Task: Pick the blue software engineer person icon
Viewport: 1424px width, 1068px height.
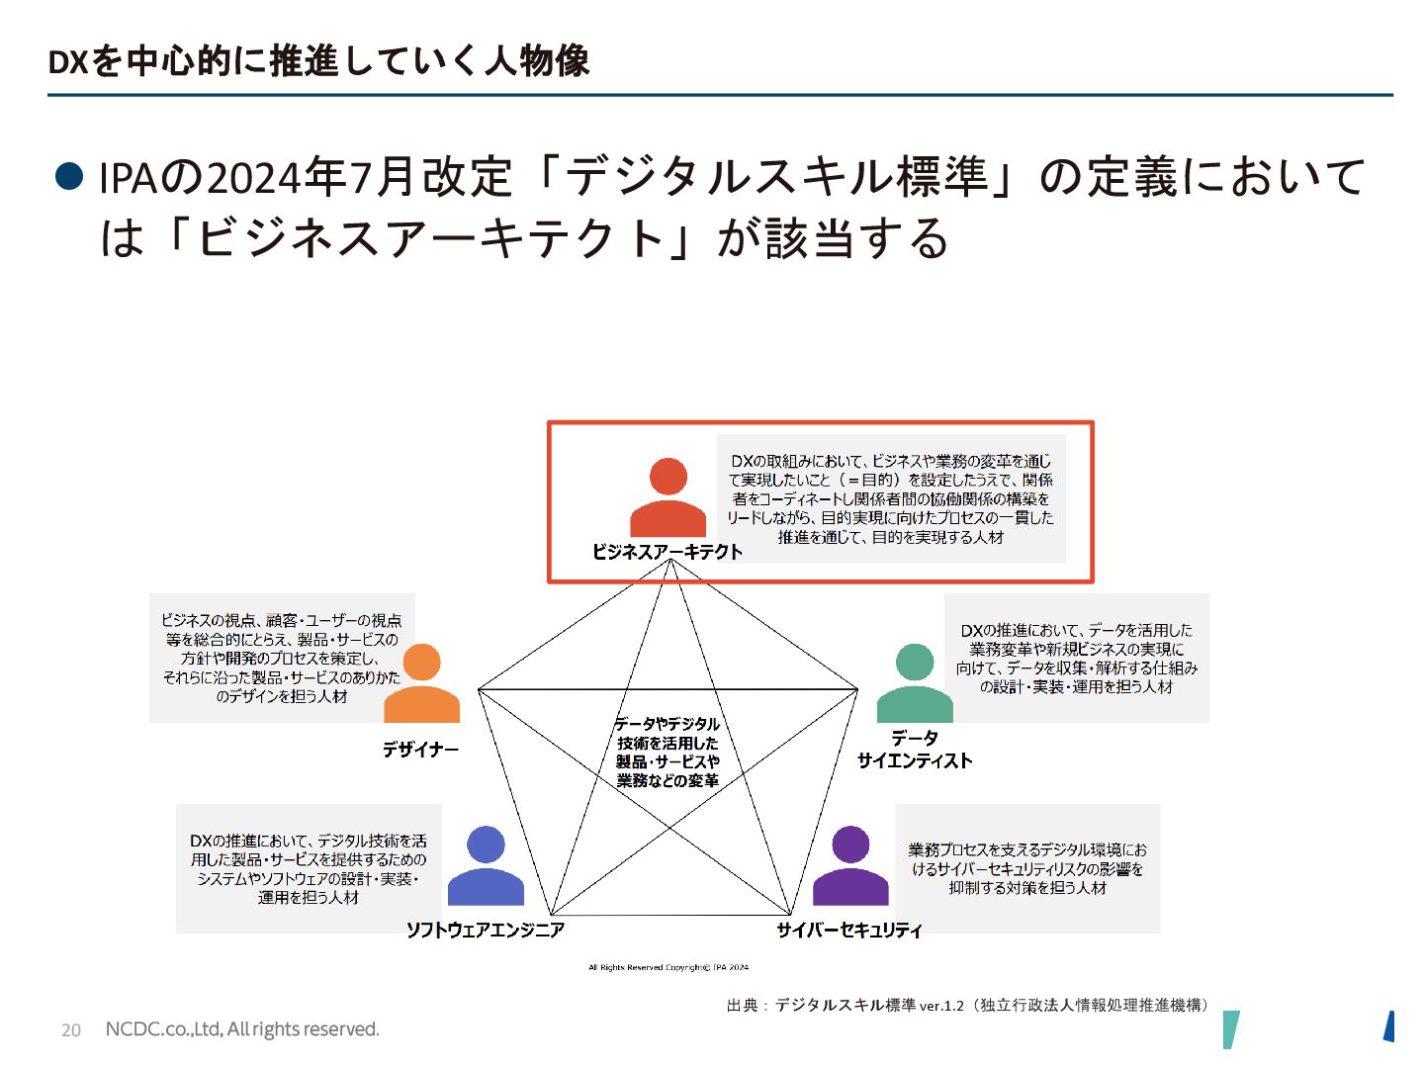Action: pyautogui.click(x=486, y=866)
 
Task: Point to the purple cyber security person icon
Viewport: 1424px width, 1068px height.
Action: pyautogui.click(x=850, y=866)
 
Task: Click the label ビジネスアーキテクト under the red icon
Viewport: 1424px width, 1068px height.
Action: pyautogui.click(x=667, y=552)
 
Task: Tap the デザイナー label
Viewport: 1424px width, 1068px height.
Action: pyautogui.click(x=421, y=750)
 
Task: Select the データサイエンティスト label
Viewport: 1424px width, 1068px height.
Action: pyautogui.click(x=915, y=750)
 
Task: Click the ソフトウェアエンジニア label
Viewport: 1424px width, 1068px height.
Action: pyautogui.click(x=486, y=930)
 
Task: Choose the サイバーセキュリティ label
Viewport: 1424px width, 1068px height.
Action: pyautogui.click(x=849, y=930)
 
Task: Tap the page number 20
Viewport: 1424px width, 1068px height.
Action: pyautogui.click(x=71, y=1030)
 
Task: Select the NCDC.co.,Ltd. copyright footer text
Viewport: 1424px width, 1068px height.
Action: pyautogui.click(x=242, y=1029)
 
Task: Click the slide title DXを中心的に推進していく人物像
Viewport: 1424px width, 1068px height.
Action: pyautogui.click(x=318, y=61)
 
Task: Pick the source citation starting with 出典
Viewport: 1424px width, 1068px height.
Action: pyautogui.click(x=968, y=1005)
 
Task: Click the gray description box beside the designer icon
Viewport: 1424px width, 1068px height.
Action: pyautogui.click(x=282, y=658)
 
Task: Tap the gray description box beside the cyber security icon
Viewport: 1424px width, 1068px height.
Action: pyautogui.click(x=1027, y=868)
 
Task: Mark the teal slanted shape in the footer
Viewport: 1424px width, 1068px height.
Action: pyautogui.click(x=1230, y=1029)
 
